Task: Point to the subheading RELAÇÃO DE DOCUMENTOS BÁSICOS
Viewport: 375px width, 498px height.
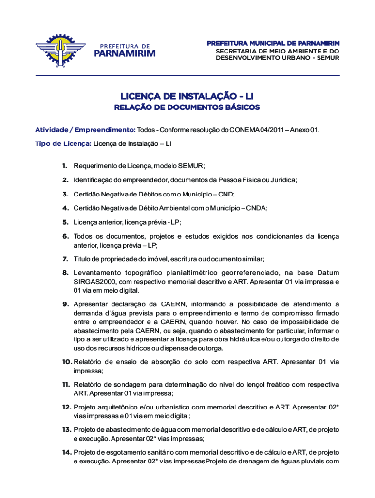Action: coord(187,107)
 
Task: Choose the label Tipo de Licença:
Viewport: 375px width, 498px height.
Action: coord(63,143)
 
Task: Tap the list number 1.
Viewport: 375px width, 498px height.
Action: coord(64,166)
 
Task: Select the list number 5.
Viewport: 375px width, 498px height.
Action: coord(64,222)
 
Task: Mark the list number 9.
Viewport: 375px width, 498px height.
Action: coord(64,304)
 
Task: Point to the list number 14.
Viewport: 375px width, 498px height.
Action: coord(66,453)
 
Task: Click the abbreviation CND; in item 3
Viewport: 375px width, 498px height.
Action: coord(226,194)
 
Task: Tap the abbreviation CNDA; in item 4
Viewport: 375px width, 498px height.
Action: coord(257,208)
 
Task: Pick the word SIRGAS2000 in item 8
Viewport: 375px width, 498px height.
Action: coord(93,282)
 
